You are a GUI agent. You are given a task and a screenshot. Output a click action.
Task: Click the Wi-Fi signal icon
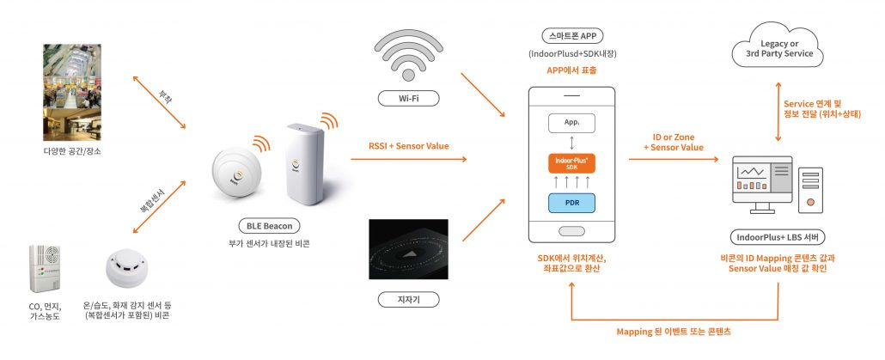(x=409, y=52)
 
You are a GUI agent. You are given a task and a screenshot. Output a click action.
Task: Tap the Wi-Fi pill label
(x=409, y=99)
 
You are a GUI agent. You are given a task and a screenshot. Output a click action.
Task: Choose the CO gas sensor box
(x=44, y=268)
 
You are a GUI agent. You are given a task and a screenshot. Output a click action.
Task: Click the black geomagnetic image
(x=409, y=249)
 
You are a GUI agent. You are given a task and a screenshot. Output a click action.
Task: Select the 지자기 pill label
(x=409, y=299)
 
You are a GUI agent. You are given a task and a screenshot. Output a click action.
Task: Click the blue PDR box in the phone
(x=571, y=204)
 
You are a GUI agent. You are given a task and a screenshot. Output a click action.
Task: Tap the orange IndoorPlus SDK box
(x=571, y=163)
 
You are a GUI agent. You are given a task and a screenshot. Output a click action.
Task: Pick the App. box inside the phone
(x=571, y=122)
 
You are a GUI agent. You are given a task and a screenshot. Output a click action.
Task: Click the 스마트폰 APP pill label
(x=571, y=37)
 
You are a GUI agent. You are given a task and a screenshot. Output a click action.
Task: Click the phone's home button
(x=571, y=231)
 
